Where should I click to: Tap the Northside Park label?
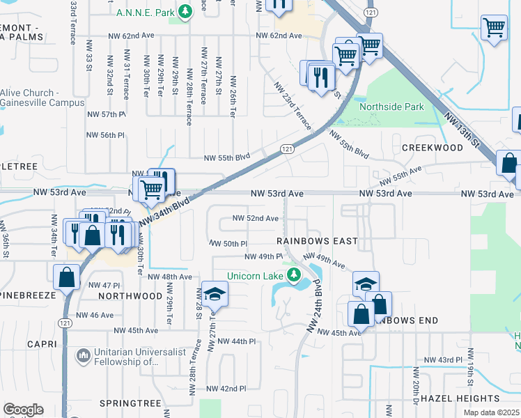(391, 107)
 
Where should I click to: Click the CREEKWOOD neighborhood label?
(432, 148)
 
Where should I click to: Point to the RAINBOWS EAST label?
(317, 241)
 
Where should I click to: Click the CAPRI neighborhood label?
(41, 344)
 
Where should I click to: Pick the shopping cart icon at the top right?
(494, 28)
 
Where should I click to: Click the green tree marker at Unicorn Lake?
(294, 273)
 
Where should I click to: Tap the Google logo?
(23, 410)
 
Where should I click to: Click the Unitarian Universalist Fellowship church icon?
(84, 356)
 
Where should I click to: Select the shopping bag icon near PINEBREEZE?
(65, 277)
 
